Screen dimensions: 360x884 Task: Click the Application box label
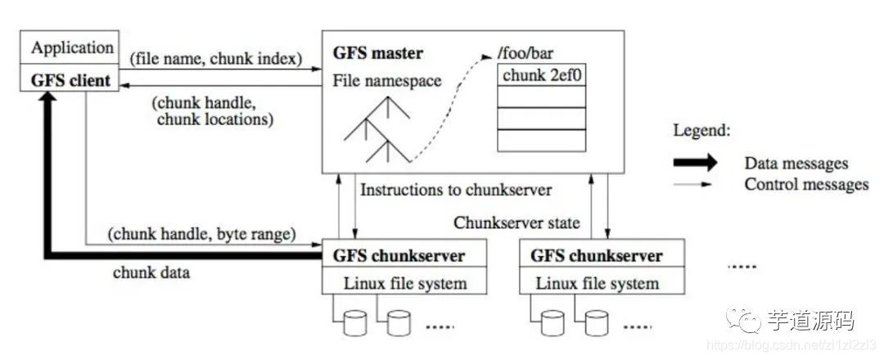72,47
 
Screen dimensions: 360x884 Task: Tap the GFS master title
377,54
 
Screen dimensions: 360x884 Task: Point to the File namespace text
387,81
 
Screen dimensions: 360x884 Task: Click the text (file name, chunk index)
215,58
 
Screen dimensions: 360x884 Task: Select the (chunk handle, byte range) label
201,234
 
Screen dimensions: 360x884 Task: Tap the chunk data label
151,272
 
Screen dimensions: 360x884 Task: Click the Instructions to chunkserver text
456,190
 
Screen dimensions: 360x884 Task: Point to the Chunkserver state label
516,222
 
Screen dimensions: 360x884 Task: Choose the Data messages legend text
796,164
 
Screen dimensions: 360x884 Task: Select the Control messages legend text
806,184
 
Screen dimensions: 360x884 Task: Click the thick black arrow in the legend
695,163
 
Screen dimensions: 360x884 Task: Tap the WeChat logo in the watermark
747,322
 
